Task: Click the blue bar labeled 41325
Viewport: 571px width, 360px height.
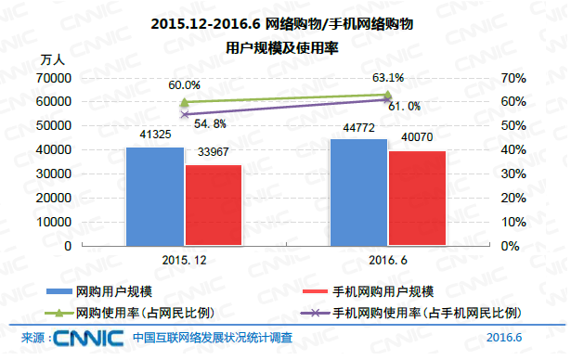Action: coord(155,196)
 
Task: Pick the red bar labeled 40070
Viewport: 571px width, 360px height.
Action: coord(417,198)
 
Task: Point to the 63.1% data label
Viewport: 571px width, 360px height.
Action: coord(387,78)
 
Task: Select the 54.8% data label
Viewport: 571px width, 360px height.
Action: coord(210,122)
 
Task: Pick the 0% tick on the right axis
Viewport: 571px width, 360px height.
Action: coord(510,247)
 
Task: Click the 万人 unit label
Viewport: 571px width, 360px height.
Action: coord(52,59)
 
